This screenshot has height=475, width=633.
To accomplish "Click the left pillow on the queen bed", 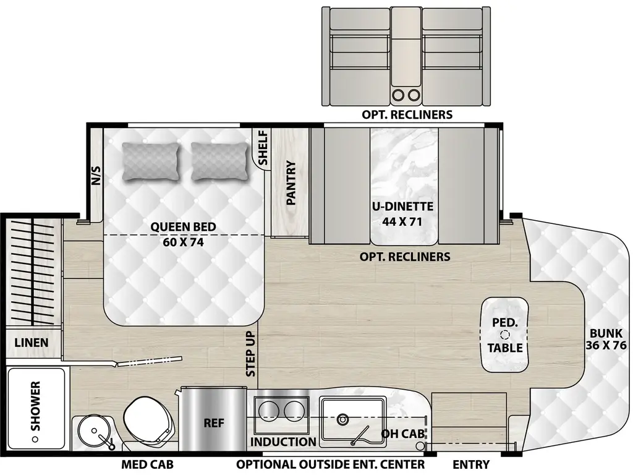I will pos(151,161).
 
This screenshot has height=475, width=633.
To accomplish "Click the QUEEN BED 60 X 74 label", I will pos(183,234).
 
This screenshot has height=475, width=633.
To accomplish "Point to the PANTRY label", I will pos(291,183).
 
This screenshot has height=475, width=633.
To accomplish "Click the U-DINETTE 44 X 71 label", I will pos(402,213).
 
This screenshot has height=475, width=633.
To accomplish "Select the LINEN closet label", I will pos(31,342).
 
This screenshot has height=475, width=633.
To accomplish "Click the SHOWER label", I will pos(35,405).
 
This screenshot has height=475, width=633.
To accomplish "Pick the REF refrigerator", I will pos(213,423).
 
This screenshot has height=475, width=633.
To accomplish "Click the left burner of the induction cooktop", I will pos(270,409).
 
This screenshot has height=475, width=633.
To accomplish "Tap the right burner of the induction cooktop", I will pos(295,409).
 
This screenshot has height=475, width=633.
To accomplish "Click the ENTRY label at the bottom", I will pos(471,464).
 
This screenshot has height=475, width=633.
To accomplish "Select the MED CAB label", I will pos(147,464).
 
